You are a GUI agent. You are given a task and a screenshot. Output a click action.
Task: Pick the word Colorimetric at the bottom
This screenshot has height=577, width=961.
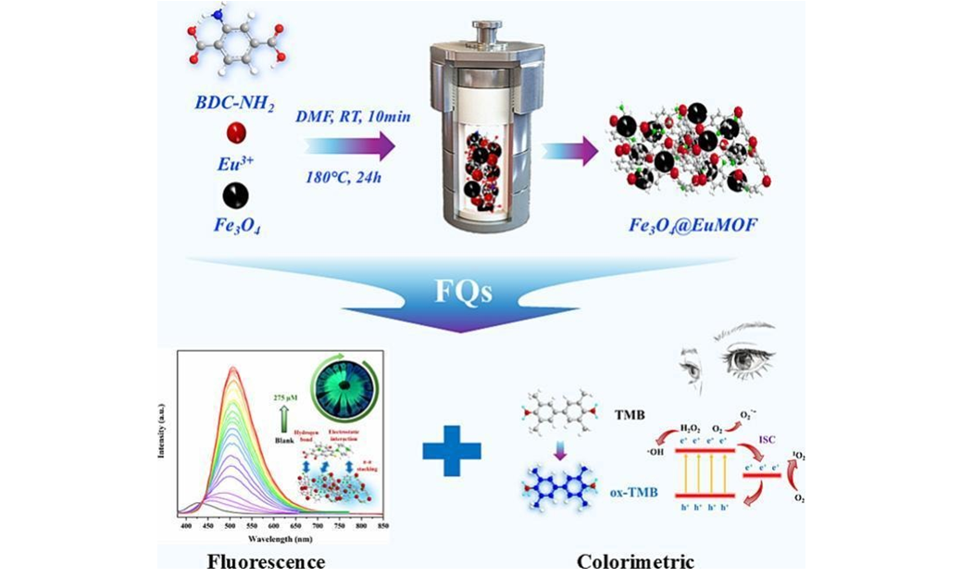635,560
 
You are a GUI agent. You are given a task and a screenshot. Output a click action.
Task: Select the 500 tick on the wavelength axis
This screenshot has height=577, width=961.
231,525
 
